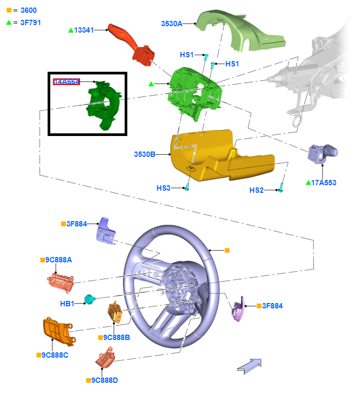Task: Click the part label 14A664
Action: click(x=66, y=81)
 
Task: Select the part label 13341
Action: click(x=84, y=30)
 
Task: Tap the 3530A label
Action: click(x=172, y=24)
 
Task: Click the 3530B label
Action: click(x=144, y=154)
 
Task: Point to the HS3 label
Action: click(x=163, y=188)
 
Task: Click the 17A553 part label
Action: click(x=324, y=183)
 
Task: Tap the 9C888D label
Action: click(x=104, y=380)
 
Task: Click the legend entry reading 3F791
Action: click(x=31, y=22)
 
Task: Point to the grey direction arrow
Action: click(x=249, y=365)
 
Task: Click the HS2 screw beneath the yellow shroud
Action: click(x=281, y=187)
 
